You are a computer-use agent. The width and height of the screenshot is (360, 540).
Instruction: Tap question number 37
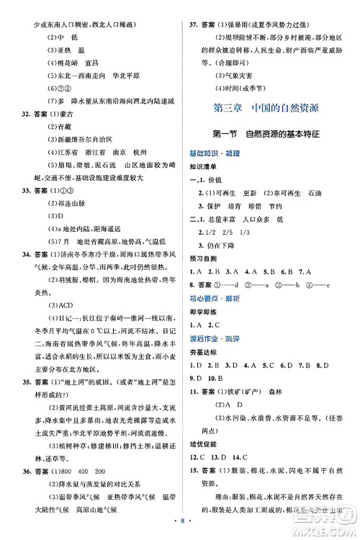click(194, 9)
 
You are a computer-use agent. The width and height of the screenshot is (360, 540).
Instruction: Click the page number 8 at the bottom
click(179, 527)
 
